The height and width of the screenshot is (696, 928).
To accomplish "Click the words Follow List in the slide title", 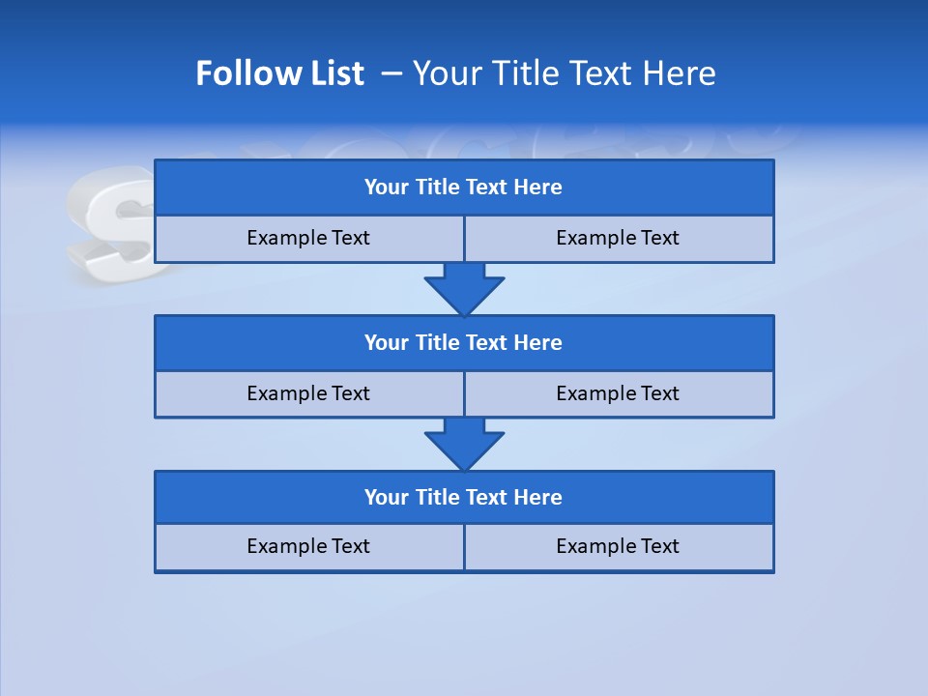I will coord(279,73).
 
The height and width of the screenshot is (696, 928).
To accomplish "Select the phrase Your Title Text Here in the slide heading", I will coord(564,73).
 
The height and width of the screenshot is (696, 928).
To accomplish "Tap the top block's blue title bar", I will coord(464,187).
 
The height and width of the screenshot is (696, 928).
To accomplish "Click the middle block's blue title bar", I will coord(464,342).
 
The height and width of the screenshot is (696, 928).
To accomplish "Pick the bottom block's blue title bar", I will coord(464,497).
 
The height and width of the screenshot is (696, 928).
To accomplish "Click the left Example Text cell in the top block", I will coord(308,238).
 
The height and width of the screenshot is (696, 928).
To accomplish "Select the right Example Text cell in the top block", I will coord(618,238).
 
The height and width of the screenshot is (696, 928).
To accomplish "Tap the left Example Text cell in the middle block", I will coord(308,393).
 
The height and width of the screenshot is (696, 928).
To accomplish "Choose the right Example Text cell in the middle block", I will coord(618,393).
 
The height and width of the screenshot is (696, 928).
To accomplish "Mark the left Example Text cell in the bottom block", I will coord(308,546).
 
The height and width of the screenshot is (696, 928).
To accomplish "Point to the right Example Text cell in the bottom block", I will coord(618,546).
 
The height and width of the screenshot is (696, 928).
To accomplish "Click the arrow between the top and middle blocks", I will coord(464,288).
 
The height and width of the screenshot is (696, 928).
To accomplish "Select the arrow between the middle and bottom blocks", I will coord(464,444).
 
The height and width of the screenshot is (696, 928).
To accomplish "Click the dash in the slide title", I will coord(392,73).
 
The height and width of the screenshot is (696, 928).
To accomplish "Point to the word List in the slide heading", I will coord(332,73).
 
